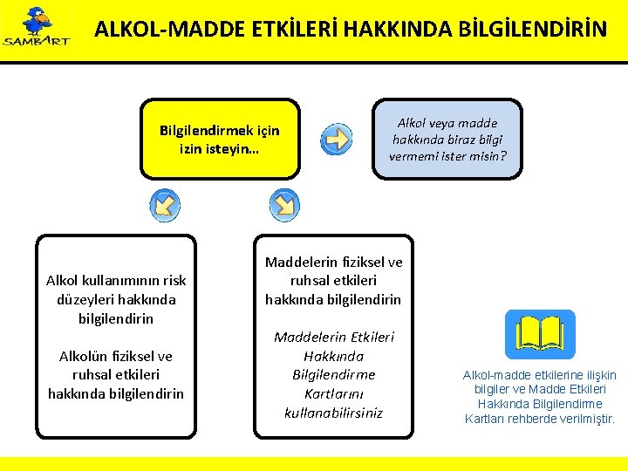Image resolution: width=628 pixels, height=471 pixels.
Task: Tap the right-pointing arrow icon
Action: point(335,140)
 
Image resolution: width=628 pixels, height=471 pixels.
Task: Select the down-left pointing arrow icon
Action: point(165,205)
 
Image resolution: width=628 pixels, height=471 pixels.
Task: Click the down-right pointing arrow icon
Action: point(284,205)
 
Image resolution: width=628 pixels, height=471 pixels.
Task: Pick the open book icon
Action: point(540,334)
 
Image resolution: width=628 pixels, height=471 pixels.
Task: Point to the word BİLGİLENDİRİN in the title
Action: point(536,30)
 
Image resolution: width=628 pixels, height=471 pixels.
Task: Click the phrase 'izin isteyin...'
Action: point(218,148)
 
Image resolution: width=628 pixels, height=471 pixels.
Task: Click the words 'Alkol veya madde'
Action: point(447,123)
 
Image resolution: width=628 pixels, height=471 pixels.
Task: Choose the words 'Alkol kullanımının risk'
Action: point(116,280)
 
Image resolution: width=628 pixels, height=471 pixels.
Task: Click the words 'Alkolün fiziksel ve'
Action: point(116,356)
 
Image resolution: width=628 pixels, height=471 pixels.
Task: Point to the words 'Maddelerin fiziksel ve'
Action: point(333,262)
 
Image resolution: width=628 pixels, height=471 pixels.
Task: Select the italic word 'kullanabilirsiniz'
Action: point(333,412)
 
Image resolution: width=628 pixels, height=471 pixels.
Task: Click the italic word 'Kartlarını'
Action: point(333,392)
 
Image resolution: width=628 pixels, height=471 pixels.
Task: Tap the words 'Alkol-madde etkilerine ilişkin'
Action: point(539,375)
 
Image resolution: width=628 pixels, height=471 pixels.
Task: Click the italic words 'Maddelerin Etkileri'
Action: point(333,337)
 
